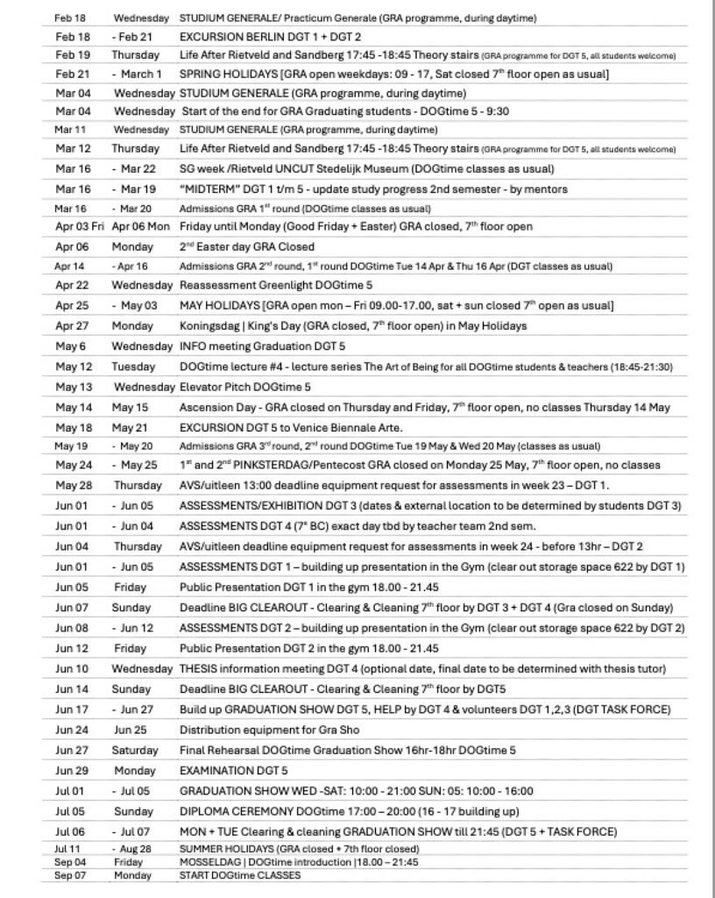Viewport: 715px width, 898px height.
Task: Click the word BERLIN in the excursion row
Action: pyautogui.click(x=266, y=39)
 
